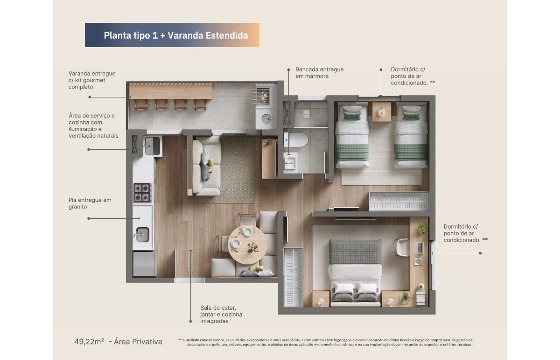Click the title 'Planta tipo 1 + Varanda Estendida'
[176, 35]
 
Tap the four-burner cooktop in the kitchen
[143, 193]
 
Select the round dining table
[247, 244]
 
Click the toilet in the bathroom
[295, 140]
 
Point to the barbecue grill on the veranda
[262, 96]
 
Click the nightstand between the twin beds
[382, 111]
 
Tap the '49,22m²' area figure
[89, 341]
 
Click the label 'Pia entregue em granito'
[90, 203]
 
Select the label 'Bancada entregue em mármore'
[319, 73]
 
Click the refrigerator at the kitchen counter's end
[145, 264]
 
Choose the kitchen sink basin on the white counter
[142, 235]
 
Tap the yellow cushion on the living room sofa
[211, 165]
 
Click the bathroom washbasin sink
[291, 163]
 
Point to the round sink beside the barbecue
[266, 118]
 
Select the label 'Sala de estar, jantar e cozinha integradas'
[221, 314]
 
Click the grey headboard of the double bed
[355, 252]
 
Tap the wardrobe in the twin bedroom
[399, 201]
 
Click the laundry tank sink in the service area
[152, 146]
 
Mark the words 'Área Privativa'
[138, 341]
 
